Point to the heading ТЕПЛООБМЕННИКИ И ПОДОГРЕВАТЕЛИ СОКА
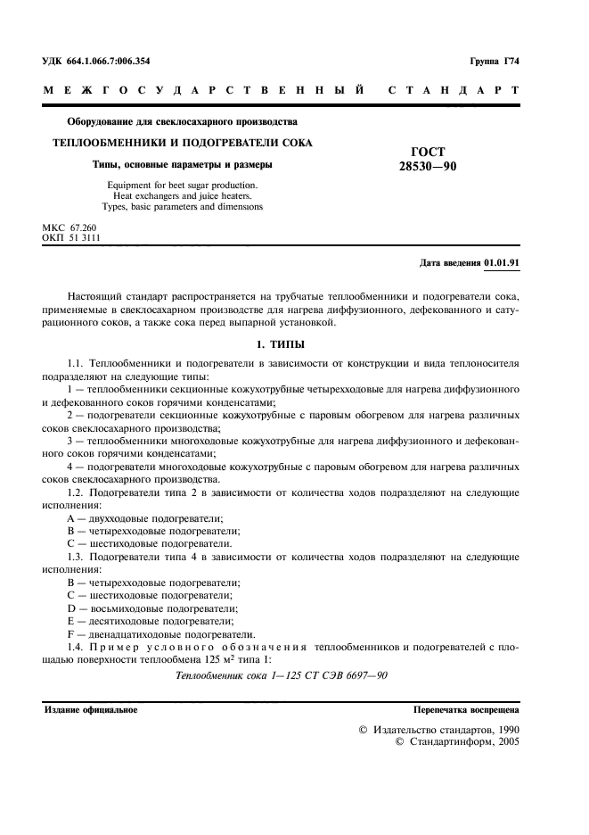point(183,143)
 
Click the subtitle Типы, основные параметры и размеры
point(184,164)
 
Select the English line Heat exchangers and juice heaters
point(183,194)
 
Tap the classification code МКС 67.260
point(69,228)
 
